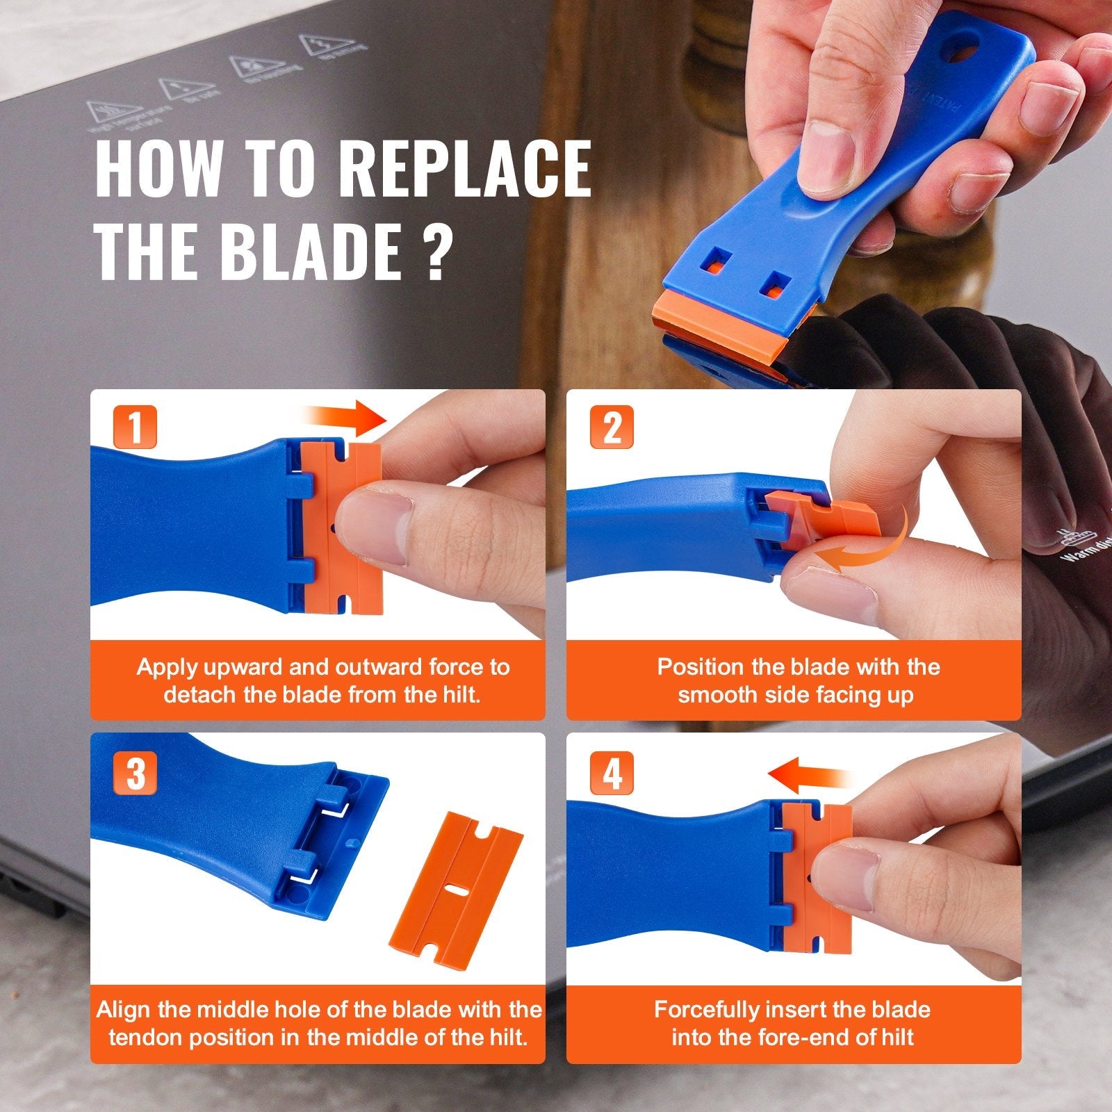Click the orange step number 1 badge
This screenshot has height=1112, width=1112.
[x=135, y=427]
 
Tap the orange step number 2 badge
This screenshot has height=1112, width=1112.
[x=612, y=427]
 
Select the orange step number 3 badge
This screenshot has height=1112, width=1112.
[x=135, y=771]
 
